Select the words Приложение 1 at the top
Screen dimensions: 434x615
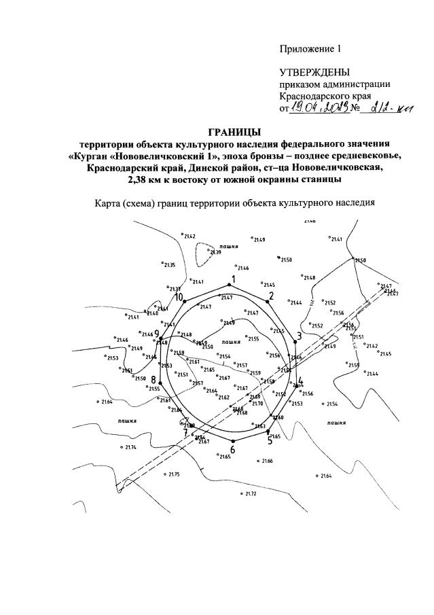point(308,49)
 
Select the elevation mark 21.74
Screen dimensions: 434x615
point(129,447)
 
